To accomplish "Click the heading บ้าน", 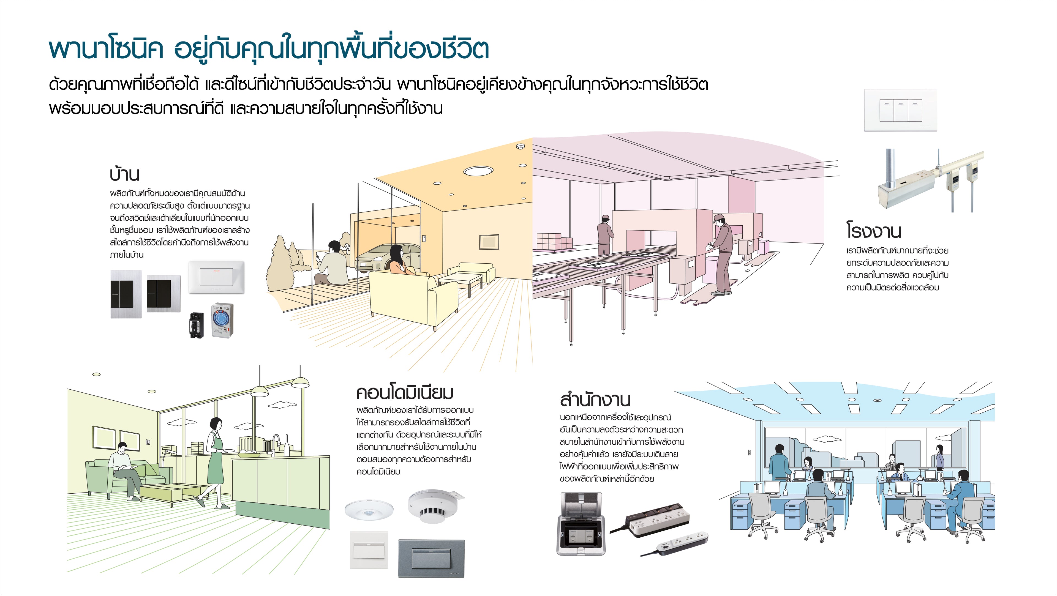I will (x=124, y=174).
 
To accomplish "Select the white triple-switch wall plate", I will (x=900, y=110).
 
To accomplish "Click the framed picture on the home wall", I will (x=489, y=242).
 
